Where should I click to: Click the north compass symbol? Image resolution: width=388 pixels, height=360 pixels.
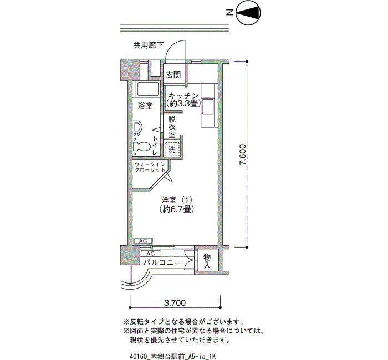(x=248, y=12)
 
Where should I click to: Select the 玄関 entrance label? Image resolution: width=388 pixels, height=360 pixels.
(x=173, y=75)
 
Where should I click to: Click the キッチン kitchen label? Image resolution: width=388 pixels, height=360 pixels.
(x=184, y=96)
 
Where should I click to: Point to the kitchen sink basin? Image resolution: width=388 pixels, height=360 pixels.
(x=208, y=106)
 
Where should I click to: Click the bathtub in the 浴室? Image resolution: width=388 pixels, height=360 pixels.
(x=148, y=90)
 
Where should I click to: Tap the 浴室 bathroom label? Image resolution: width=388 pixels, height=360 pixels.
(x=145, y=106)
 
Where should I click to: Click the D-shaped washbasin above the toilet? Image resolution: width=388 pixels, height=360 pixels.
(x=138, y=127)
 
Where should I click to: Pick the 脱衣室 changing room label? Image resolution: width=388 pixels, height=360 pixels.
(x=172, y=127)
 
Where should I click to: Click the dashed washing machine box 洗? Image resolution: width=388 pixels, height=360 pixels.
(x=172, y=150)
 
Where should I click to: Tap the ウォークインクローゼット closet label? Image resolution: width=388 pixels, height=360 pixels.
(x=150, y=167)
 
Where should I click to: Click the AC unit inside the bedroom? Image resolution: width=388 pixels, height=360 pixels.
(x=143, y=241)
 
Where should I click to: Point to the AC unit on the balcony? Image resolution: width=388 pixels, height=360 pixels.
(x=150, y=254)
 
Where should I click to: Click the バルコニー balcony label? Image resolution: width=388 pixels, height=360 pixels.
(x=162, y=263)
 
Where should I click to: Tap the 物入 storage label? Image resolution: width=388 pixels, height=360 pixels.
(x=207, y=261)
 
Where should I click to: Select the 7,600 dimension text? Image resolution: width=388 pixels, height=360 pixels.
(x=243, y=155)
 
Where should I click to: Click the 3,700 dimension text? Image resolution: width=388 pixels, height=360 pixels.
(x=175, y=302)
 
